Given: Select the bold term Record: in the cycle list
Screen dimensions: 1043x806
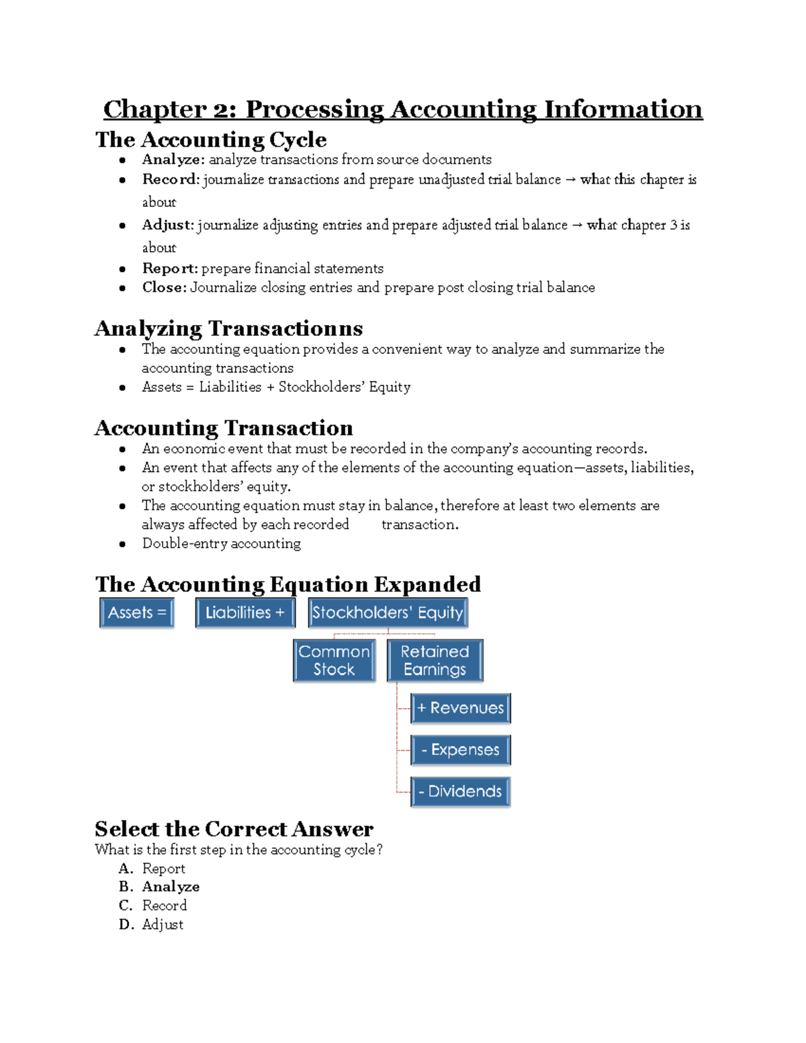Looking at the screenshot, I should [x=170, y=180].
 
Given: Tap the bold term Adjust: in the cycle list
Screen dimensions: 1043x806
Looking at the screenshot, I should [x=168, y=226].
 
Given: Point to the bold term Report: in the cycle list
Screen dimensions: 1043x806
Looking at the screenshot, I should [x=170, y=269].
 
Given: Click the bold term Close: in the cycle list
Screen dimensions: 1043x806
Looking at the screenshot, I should [x=164, y=287].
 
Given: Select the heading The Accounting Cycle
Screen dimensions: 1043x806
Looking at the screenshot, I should [x=211, y=140].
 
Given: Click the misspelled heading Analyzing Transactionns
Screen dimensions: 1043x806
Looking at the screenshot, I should [x=228, y=328].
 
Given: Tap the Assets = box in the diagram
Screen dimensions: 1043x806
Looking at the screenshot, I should [x=137, y=613].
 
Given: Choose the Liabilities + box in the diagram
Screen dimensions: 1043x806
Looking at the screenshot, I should [x=245, y=613].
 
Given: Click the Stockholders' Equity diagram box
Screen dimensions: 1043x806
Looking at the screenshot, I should [x=388, y=613].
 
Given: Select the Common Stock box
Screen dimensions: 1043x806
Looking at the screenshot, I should [x=334, y=660].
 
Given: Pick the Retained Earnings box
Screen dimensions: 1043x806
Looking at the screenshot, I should [x=435, y=660].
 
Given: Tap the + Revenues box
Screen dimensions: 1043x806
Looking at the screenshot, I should [x=461, y=708].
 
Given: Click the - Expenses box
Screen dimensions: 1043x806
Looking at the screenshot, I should [x=461, y=750].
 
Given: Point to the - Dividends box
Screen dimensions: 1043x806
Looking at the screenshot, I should [x=461, y=791].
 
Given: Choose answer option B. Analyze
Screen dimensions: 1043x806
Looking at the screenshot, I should [x=171, y=887].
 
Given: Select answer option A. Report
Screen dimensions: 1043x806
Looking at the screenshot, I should [x=163, y=869].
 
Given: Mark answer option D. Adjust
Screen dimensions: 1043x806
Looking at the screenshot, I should [x=163, y=925].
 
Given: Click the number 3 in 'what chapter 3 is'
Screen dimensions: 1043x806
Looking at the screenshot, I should [x=674, y=226].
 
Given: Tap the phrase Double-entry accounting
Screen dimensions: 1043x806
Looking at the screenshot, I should [x=221, y=543].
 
